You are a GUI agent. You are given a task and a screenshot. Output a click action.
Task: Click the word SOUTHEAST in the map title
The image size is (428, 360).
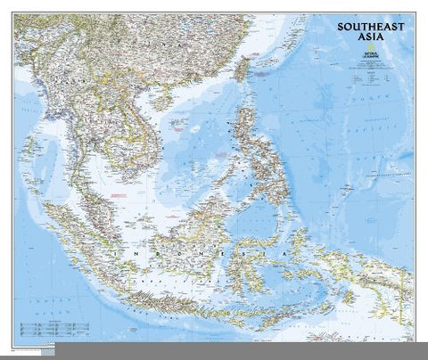coord(371,27)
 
